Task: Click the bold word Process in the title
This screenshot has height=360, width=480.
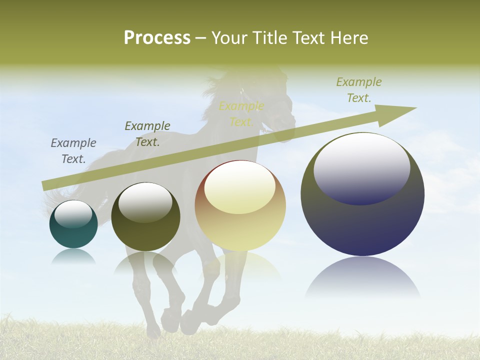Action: tap(157, 37)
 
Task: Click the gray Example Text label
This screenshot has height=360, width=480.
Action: tap(73, 151)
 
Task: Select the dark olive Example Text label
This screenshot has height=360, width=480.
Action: tap(147, 134)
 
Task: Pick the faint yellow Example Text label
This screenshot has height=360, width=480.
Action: tap(241, 114)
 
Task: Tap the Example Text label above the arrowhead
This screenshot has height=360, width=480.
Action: tap(359, 90)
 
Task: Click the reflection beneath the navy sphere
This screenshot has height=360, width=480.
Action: tap(362, 277)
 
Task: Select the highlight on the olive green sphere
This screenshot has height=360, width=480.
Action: tap(145, 201)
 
